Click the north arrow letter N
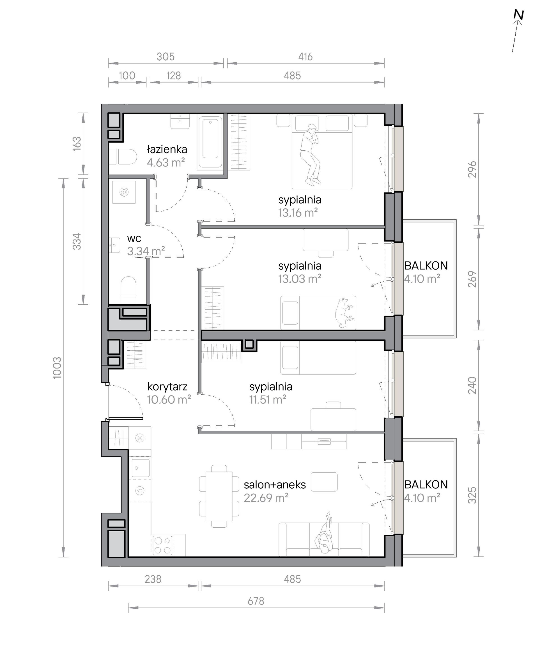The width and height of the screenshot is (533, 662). pyautogui.click(x=519, y=15)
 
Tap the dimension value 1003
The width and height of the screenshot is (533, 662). pyautogui.click(x=58, y=368)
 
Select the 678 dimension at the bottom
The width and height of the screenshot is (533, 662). pyautogui.click(x=256, y=601)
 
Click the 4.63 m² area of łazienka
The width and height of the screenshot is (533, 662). pyautogui.click(x=166, y=162)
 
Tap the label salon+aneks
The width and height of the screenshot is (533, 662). pyautogui.click(x=275, y=484)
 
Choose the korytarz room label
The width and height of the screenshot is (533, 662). pyautogui.click(x=167, y=387)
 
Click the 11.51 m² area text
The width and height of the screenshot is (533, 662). pyautogui.click(x=268, y=400)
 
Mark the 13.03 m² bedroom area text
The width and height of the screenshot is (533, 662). pyautogui.click(x=300, y=279)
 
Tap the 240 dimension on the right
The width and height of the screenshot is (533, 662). pyautogui.click(x=472, y=386)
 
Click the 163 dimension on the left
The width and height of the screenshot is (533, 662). pyautogui.click(x=77, y=143)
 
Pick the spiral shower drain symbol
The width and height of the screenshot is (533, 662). pyautogui.click(x=124, y=192)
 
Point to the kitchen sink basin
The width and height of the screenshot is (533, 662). pyautogui.click(x=141, y=468)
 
